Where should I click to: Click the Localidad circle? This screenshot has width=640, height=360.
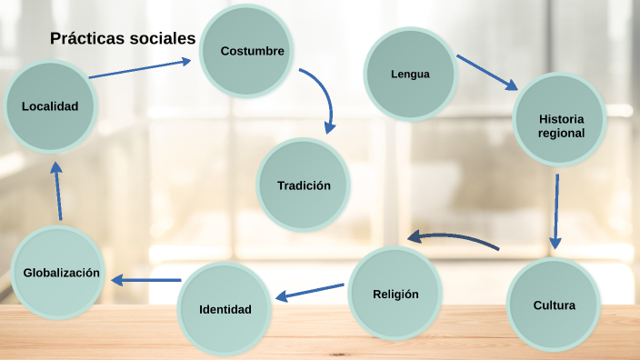click(50, 106)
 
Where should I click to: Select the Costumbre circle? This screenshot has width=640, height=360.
click(252, 51)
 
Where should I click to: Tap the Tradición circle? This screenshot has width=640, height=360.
click(304, 185)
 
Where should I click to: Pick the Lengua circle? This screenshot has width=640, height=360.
click(410, 75)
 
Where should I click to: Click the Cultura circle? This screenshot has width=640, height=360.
click(554, 305)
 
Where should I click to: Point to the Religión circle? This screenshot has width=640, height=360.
click(395, 294)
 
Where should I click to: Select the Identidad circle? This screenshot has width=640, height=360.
click(225, 309)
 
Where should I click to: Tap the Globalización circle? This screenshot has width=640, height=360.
click(61, 273)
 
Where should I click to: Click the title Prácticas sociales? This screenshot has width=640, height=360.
click(123, 38)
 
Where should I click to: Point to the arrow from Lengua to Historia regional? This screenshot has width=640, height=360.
click(486, 72)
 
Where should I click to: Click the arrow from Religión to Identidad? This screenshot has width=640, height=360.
click(310, 291)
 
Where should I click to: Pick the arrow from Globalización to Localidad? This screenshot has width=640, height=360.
click(57, 192)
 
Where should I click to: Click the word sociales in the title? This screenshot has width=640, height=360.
click(163, 38)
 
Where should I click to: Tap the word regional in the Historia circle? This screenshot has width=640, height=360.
click(560, 133)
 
